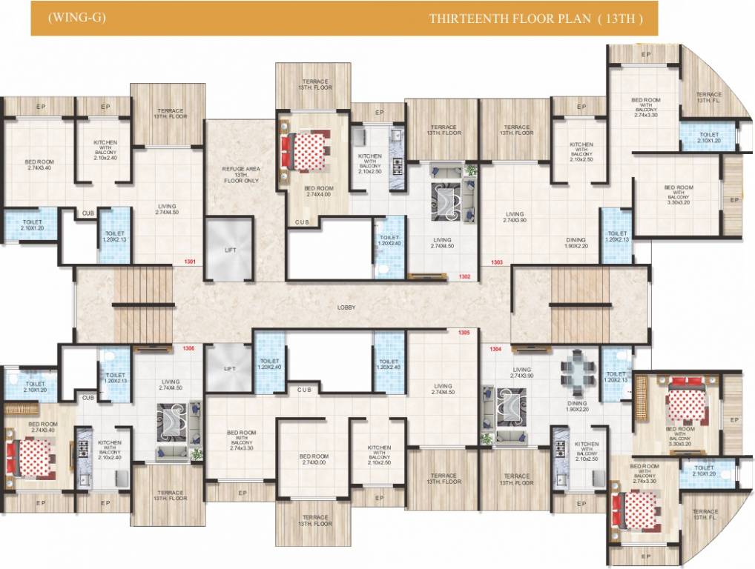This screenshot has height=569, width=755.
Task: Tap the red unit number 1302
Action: (465, 277)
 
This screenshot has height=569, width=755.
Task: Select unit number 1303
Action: (496, 262)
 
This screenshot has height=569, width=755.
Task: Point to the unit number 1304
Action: (496, 348)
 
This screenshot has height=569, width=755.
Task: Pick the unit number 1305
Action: (465, 333)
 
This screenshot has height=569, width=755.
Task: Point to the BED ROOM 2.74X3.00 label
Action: (314, 459)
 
